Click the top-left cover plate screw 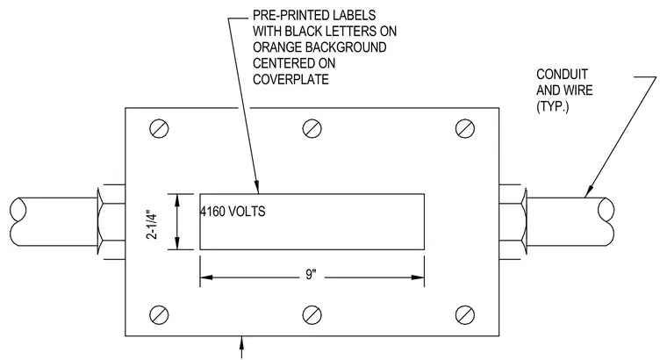click(159, 128)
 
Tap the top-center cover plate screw click(312, 128)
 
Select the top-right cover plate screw click(465, 128)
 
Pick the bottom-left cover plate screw click(159, 315)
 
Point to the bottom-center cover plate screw click(312, 315)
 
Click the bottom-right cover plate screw click(465, 315)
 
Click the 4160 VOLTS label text click(233, 212)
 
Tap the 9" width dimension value click(312, 275)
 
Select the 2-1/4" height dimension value click(152, 224)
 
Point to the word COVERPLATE click(291, 80)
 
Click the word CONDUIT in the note click(562, 75)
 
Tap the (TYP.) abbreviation click(553, 106)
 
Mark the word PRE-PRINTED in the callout click(287, 15)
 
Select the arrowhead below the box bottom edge click(242, 342)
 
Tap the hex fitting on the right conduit click(513, 221)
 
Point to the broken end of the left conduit click(18, 221)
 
